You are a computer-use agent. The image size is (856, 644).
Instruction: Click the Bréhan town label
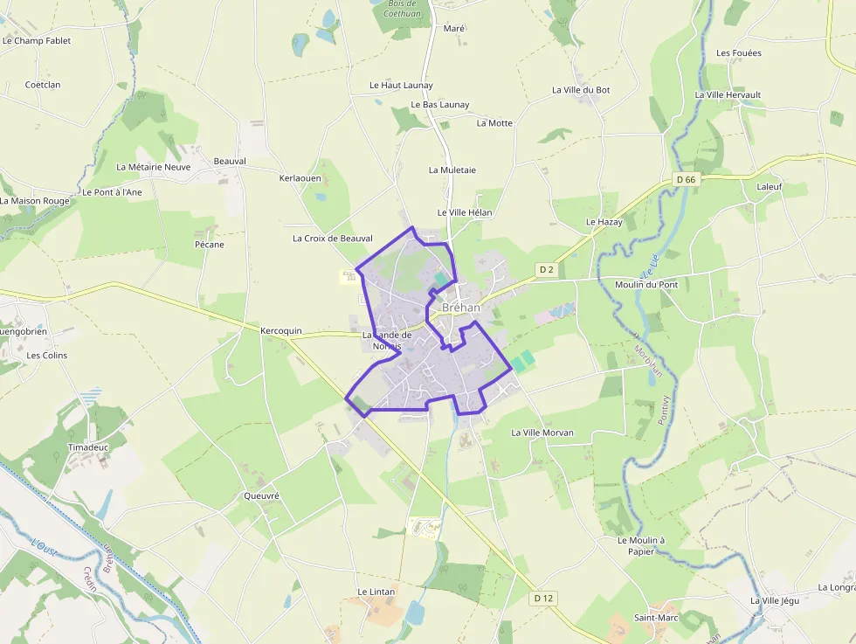pyautogui.click(x=461, y=308)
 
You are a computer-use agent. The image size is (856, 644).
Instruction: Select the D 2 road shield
pyautogui.click(x=547, y=270)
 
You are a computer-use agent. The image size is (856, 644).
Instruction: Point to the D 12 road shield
pyautogui.click(x=542, y=599)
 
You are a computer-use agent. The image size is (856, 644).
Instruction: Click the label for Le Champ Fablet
pyautogui.click(x=36, y=40)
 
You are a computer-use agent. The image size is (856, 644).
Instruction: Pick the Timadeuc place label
pyautogui.click(x=87, y=447)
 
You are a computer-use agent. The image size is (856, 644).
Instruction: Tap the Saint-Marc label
pyautogui.click(x=656, y=618)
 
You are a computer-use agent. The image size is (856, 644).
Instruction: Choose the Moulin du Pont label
pyautogui.click(x=645, y=285)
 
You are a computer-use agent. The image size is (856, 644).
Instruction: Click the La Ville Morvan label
pyautogui.click(x=542, y=433)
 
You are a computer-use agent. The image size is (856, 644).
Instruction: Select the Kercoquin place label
pyautogui.click(x=280, y=331)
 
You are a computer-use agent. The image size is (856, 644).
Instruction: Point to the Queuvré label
pyautogui.click(x=261, y=495)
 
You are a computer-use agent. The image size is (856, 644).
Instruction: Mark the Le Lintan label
pyautogui.click(x=376, y=592)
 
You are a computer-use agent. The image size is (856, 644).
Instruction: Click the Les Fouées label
pyautogui.click(x=738, y=53)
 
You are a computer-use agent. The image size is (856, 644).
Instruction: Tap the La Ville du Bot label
pyautogui.click(x=581, y=90)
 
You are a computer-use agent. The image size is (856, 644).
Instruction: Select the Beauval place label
pyautogui.click(x=230, y=162)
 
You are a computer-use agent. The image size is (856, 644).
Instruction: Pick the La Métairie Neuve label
pyautogui.click(x=153, y=167)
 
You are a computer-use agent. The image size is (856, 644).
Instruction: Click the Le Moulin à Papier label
pyautogui.click(x=641, y=545)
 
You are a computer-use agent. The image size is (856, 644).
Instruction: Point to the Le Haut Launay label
pyautogui.click(x=401, y=86)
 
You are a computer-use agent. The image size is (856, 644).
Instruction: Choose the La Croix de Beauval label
pyautogui.click(x=332, y=239)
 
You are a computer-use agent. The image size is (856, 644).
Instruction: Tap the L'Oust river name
pyautogui.click(x=44, y=544)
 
